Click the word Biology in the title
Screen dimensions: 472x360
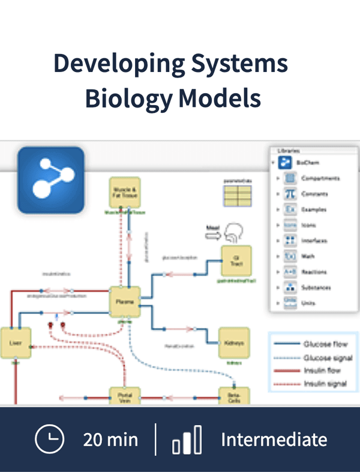(x=128, y=98)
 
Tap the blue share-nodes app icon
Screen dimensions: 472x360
(x=50, y=181)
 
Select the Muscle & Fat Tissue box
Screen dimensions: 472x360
(x=124, y=192)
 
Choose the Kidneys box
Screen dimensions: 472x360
(x=233, y=343)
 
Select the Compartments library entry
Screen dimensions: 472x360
(x=319, y=178)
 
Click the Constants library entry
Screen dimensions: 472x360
(x=314, y=194)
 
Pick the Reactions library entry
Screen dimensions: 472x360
(x=314, y=272)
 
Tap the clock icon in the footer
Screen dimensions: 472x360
(x=50, y=440)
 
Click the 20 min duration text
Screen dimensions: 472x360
(x=110, y=440)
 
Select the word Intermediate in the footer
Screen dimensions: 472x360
(x=274, y=440)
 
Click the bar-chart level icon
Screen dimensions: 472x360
(x=187, y=440)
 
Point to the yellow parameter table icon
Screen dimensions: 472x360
(x=238, y=195)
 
